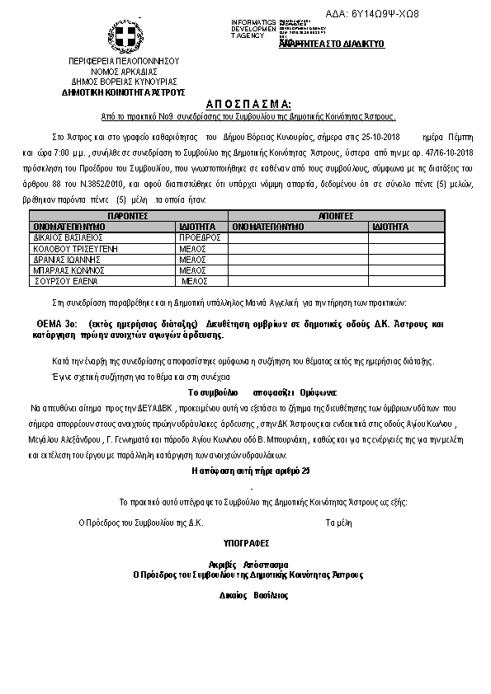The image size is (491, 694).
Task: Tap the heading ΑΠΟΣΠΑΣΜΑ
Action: coord(245,104)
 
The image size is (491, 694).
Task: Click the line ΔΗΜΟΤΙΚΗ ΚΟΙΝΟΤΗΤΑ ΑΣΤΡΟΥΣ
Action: coord(124,92)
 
